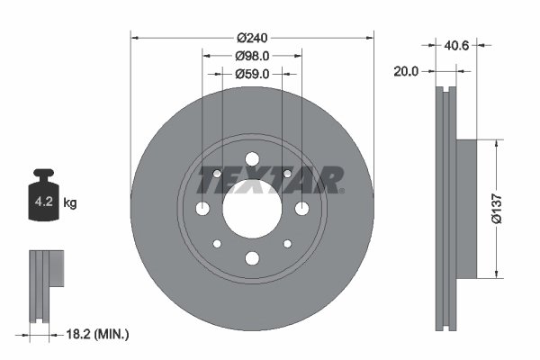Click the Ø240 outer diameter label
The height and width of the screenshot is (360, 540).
252,38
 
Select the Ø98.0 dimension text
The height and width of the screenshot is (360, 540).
252,56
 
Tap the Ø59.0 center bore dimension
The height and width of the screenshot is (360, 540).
252,75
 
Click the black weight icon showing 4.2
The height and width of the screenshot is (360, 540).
44,199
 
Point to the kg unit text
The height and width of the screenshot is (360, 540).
70,203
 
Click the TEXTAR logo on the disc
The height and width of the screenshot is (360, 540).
270,180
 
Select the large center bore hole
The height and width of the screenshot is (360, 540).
252,208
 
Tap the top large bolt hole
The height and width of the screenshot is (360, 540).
252,159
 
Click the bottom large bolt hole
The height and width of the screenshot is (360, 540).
252,258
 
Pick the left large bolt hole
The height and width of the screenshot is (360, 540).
202,209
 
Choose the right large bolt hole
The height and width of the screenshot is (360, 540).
301,209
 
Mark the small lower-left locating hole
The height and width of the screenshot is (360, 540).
217,244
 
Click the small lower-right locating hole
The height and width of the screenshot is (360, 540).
287,244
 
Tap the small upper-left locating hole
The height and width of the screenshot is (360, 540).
217,174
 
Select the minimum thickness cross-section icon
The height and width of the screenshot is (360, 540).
47,283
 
